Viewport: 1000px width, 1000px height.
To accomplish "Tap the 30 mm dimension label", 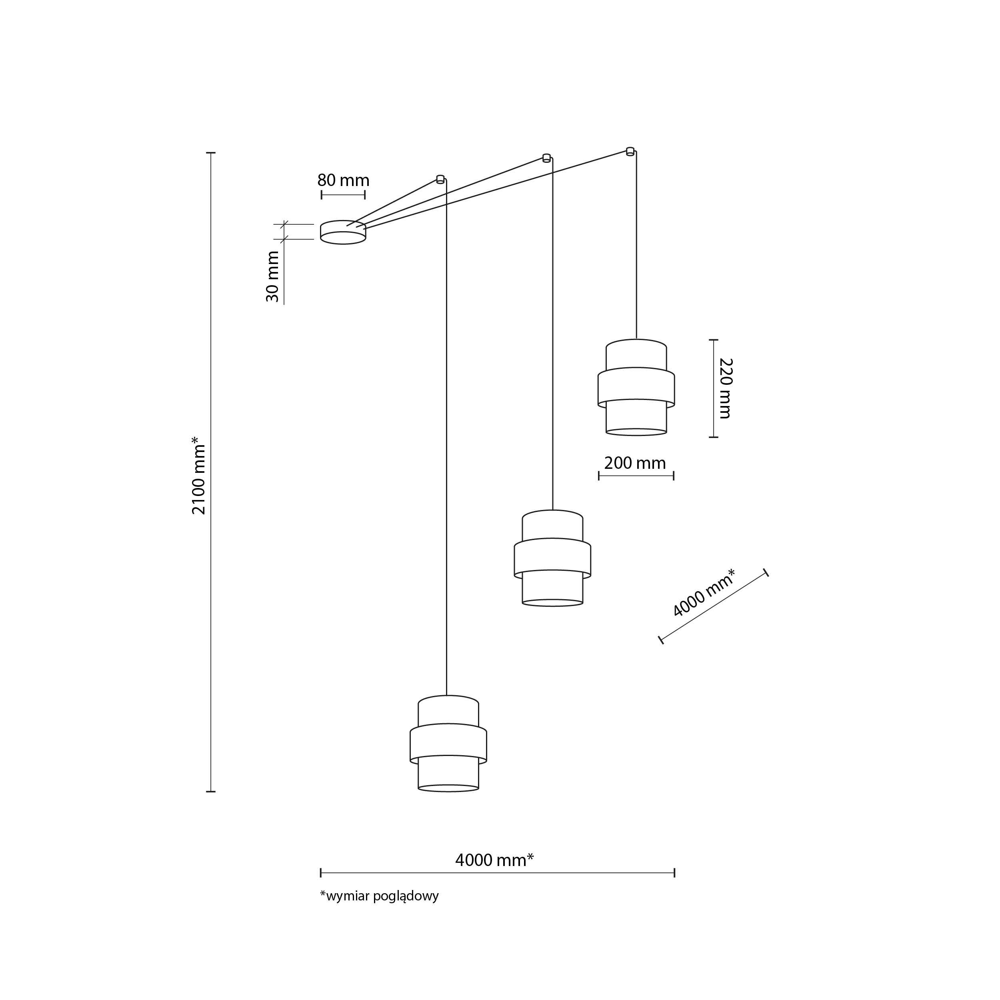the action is coord(273,276).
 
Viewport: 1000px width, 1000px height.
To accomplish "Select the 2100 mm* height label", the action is coord(199,475).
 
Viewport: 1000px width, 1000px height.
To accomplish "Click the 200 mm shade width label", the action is coord(635,463).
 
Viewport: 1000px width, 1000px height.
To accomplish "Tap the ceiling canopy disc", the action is coord(343,232).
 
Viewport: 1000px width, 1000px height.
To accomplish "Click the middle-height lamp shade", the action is coord(552,558).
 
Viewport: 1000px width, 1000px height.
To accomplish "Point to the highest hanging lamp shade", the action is coord(636,387).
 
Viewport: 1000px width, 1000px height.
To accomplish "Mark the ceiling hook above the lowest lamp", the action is coord(440,179).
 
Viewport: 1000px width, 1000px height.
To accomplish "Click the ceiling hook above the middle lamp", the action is coord(546,158).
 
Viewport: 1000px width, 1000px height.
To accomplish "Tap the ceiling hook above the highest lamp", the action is coord(630,151).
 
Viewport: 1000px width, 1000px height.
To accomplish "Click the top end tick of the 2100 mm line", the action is coord(211,153).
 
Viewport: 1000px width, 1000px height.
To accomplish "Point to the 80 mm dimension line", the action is coord(343,195).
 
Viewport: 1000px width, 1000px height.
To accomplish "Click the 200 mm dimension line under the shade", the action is coord(636,476).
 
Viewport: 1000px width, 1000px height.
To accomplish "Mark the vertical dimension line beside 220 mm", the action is coord(713,388).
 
